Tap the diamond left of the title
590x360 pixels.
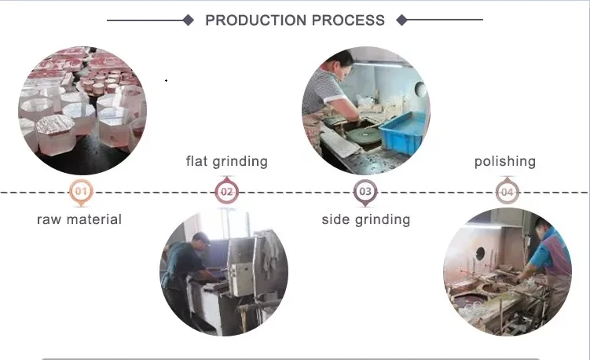coord(189,20)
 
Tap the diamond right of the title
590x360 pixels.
coord(402,20)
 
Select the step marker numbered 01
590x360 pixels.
coord(80,191)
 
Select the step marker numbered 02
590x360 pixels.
coord(226,191)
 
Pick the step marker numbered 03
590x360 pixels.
coord(365,191)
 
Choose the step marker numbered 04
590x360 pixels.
coord(507,191)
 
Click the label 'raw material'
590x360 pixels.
coord(79,219)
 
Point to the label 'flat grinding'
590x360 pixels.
coord(226,161)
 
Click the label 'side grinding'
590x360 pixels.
coord(365,219)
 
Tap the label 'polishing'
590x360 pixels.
coord(505,161)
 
